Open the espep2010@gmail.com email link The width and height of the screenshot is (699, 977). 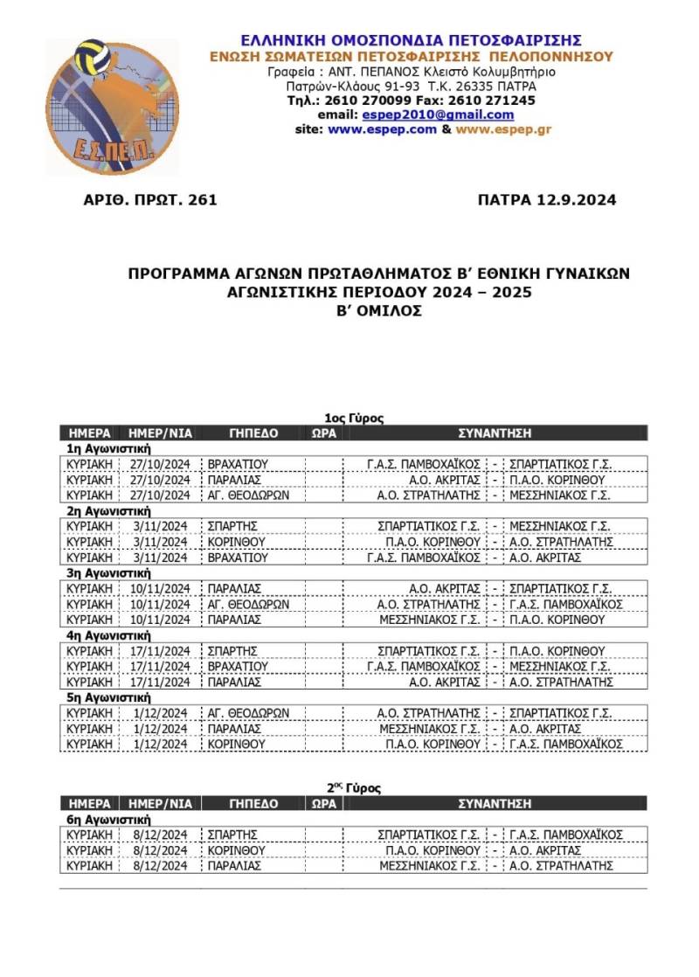click(x=459, y=114)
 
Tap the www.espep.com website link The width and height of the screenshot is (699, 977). click(x=382, y=129)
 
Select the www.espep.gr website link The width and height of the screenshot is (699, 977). click(x=503, y=129)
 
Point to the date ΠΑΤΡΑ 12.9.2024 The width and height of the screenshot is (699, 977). click(x=547, y=200)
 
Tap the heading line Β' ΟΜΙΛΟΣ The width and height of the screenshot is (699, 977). click(x=378, y=310)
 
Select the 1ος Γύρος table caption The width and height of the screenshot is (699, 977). click(x=354, y=419)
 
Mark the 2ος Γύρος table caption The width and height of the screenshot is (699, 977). click(x=354, y=788)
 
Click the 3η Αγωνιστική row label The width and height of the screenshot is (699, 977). click(x=109, y=573)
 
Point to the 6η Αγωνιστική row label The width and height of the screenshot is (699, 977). click(x=109, y=820)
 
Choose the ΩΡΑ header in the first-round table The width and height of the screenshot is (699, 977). click(x=323, y=433)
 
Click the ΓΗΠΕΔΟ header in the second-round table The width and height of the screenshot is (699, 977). click(x=253, y=803)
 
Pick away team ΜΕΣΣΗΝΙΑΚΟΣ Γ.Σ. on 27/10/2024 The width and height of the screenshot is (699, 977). click(x=559, y=495)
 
